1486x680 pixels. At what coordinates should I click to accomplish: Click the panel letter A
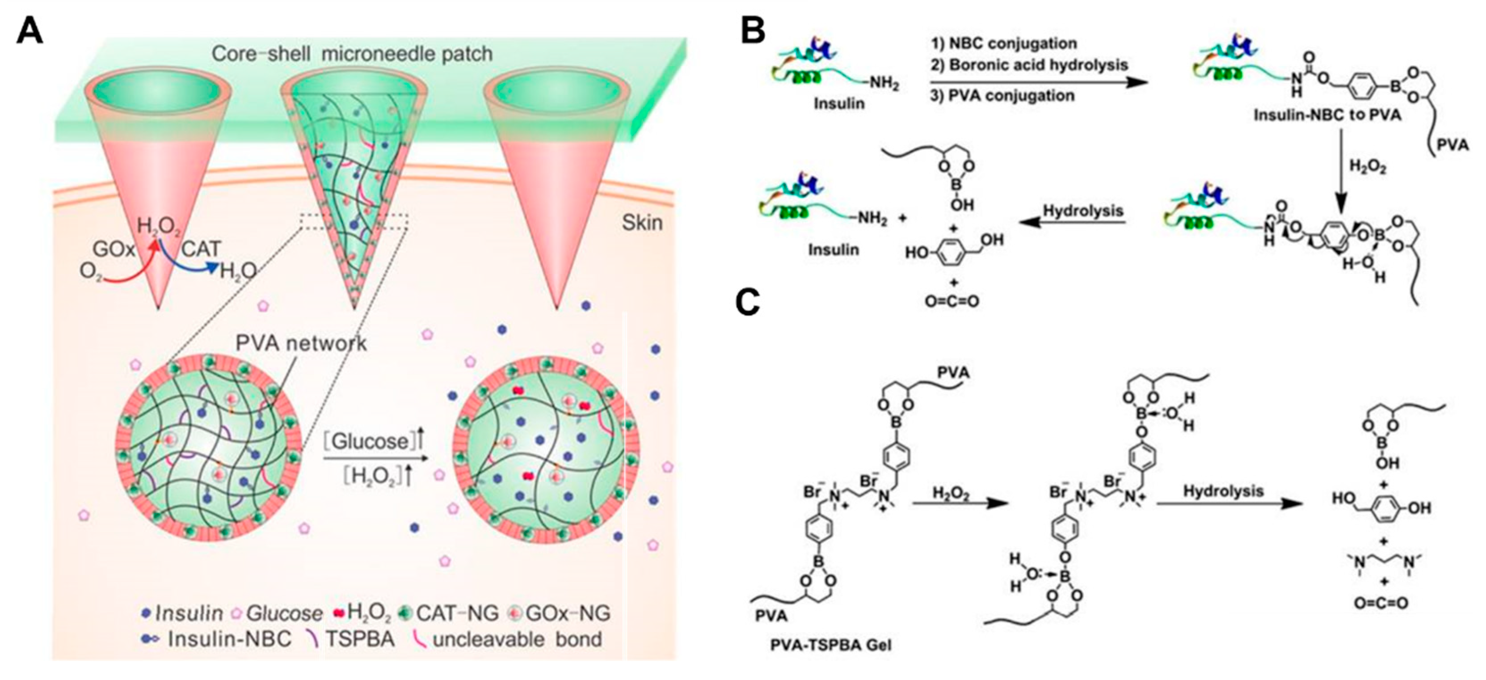coord(29,30)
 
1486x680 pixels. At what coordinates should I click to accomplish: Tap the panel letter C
coord(748,301)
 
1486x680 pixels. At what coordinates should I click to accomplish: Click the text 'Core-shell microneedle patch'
coord(352,54)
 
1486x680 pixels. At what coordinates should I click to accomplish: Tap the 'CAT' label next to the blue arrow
coord(201,249)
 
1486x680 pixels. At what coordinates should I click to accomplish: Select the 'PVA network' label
coord(301,343)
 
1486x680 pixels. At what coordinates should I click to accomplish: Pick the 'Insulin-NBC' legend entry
coord(230,639)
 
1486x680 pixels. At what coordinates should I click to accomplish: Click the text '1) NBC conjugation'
coord(1003,43)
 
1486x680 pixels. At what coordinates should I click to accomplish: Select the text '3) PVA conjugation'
coord(1002,95)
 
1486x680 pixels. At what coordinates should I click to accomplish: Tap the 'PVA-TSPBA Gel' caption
coord(831,644)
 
